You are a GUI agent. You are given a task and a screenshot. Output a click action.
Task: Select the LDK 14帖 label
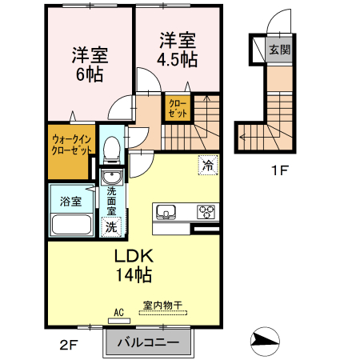click(x=133, y=266)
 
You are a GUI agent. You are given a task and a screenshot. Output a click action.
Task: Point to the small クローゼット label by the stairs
click(x=178, y=108)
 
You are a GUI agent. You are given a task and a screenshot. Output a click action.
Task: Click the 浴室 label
click(x=70, y=201)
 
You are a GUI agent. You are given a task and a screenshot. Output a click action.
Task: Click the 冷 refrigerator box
click(x=206, y=166)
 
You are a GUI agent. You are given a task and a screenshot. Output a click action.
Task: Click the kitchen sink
click(x=166, y=212)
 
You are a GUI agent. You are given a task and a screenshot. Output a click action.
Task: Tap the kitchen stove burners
click(x=206, y=212)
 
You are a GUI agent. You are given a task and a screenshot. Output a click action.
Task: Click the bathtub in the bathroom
click(x=71, y=222)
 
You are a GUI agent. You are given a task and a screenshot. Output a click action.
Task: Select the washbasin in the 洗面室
click(x=111, y=178)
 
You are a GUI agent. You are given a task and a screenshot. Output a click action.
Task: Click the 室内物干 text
click(x=163, y=305)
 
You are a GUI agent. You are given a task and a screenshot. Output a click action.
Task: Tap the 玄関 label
click(x=279, y=50)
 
